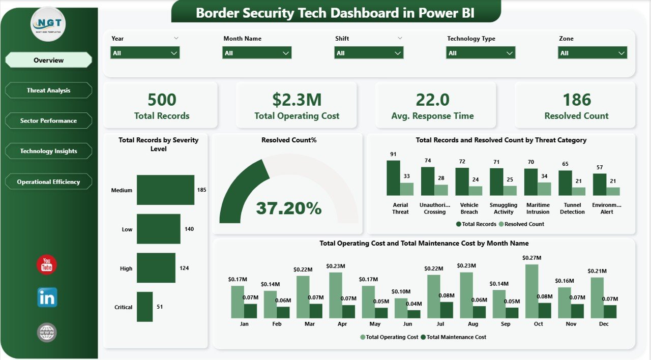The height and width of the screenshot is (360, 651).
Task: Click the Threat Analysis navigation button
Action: coord(48,91)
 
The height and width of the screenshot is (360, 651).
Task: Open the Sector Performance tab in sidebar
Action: coord(48,121)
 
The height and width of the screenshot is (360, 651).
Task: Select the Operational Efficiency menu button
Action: coord(48,182)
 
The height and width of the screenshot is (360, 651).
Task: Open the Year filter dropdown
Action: coord(145,53)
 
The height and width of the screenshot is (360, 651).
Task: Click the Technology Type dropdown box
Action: coord(481,53)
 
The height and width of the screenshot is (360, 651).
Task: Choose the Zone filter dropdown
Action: coord(593,53)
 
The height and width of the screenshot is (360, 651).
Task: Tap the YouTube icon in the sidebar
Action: coord(47,265)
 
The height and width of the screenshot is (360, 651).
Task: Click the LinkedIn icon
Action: coord(47,297)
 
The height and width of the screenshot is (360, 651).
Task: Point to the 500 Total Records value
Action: coord(162,100)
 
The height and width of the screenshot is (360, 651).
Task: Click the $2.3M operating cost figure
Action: coord(297,100)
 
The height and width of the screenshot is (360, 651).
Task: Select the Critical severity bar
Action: coord(144,307)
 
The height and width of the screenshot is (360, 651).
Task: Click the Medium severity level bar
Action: coord(165,190)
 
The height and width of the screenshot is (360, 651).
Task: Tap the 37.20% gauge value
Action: coord(288,208)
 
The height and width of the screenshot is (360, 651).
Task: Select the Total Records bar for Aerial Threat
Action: coord(393,178)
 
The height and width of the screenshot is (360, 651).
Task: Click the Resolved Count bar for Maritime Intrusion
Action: coord(544,189)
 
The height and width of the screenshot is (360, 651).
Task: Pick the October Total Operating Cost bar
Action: coord(532,291)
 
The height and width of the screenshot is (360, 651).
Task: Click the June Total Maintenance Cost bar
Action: coord(415,314)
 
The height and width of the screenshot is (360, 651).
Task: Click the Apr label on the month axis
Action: coord(342,324)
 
